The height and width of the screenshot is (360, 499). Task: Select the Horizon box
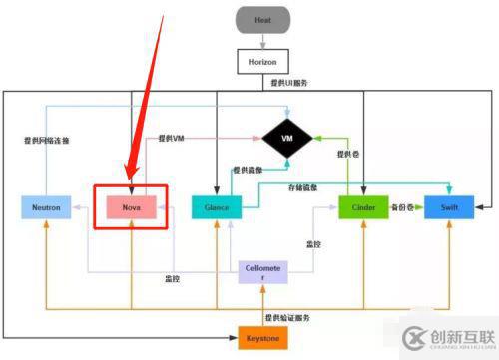[262, 61]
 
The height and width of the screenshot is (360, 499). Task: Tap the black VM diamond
[287, 136]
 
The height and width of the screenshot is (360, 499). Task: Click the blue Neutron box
[46, 207]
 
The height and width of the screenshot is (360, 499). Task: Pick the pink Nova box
[131, 207]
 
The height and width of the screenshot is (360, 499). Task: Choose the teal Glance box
[216, 207]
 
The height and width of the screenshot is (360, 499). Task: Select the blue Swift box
[449, 207]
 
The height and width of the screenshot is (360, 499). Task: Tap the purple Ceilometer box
[262, 271]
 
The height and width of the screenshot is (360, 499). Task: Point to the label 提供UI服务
[289, 83]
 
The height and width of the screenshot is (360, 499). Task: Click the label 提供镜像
[249, 170]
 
